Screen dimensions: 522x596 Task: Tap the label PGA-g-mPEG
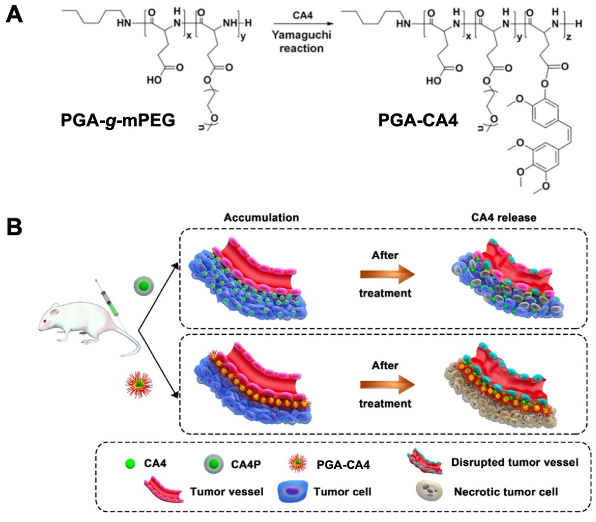pos(118,120)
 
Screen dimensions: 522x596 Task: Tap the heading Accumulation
pos(261,218)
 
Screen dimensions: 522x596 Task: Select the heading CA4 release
pos(504,218)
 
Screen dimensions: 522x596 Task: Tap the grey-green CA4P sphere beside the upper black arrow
pos(144,286)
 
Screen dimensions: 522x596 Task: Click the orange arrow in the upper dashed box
pos(387,274)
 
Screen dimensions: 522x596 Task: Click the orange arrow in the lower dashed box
pos(387,385)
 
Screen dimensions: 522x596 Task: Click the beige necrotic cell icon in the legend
pos(429,492)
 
